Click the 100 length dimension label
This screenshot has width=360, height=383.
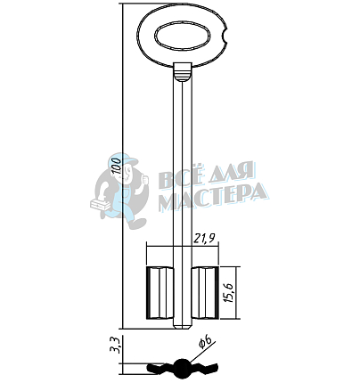click(116, 166)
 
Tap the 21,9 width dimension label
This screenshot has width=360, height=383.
click(205, 238)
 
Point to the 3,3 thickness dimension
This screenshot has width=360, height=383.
click(114, 345)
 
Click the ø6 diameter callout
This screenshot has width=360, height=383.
click(205, 343)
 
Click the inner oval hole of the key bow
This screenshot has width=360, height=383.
click(183, 36)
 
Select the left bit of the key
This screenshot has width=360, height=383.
click(160, 293)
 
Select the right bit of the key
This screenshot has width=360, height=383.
click(205, 293)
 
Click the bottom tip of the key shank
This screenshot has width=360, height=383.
click(182, 329)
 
